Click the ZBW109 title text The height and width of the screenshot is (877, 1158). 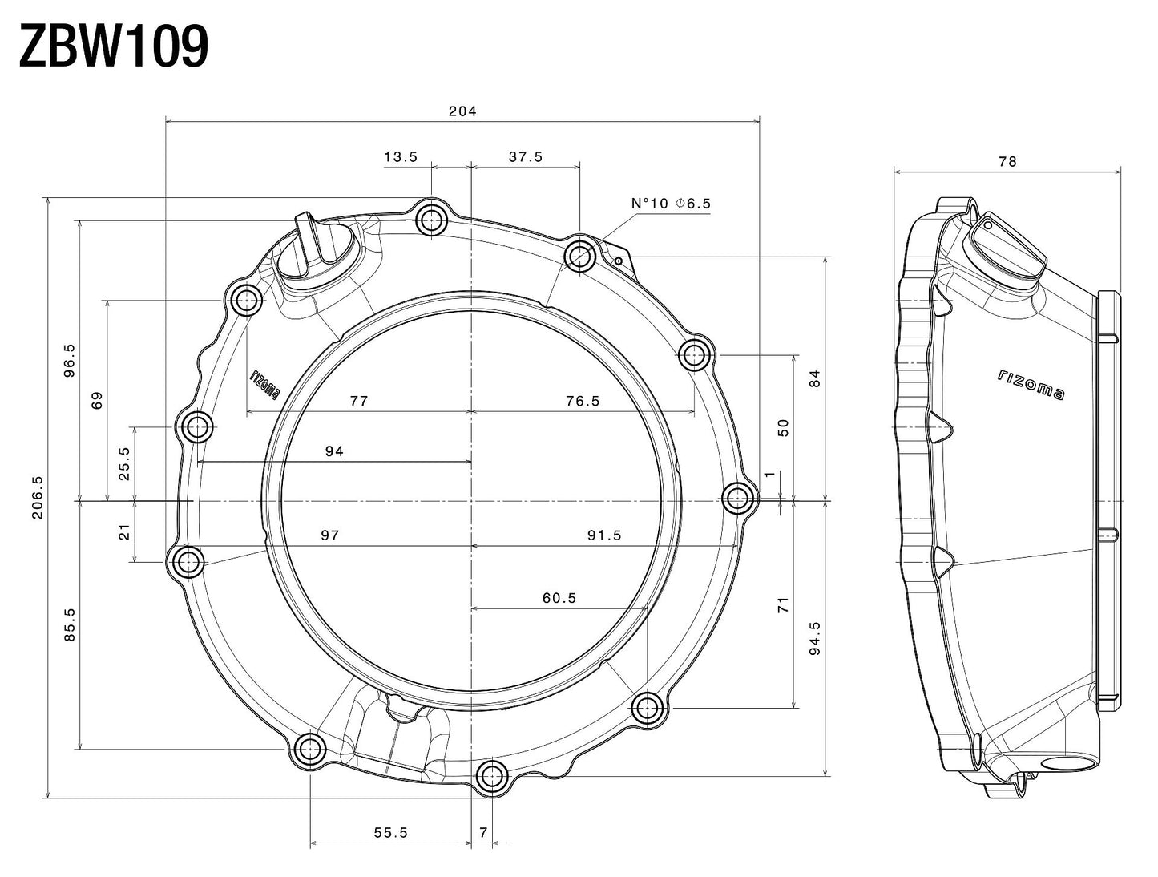(x=114, y=47)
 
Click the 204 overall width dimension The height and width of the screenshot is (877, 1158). (x=462, y=111)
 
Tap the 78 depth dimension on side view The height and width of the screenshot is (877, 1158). (x=1007, y=161)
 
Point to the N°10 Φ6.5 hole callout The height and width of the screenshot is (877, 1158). (x=671, y=204)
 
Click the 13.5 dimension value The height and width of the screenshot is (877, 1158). (x=401, y=157)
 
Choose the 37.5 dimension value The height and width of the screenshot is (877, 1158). (x=526, y=157)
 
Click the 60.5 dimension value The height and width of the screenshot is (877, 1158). (x=559, y=598)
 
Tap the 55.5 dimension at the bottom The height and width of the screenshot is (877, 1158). (x=391, y=833)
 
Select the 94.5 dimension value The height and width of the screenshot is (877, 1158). (x=815, y=638)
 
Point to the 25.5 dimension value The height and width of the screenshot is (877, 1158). (x=124, y=463)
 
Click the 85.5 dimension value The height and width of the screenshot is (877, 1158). (x=71, y=624)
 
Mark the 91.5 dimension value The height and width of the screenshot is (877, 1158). (x=604, y=535)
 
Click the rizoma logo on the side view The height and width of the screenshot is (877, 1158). (x=1032, y=385)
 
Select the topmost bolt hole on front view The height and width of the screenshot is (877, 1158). (x=432, y=219)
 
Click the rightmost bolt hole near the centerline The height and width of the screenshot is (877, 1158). (x=738, y=499)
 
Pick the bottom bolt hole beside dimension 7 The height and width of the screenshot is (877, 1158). (x=491, y=776)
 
